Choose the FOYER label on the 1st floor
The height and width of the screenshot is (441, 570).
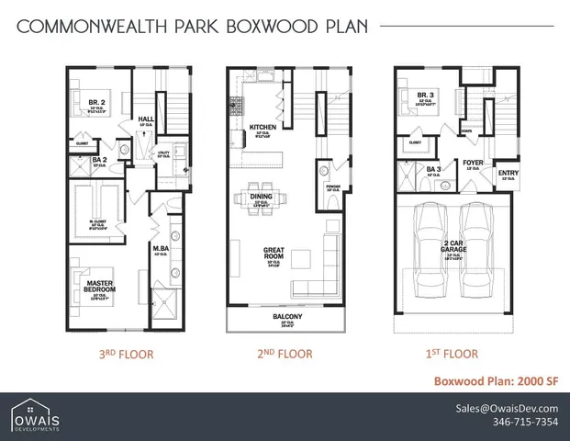pos(475,161)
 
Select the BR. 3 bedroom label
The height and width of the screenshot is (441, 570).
pos(424,94)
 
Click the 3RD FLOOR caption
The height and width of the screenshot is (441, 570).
pos(126,353)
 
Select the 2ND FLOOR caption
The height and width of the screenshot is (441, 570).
pos(286,353)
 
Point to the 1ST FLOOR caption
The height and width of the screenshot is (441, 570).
pos(453,353)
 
